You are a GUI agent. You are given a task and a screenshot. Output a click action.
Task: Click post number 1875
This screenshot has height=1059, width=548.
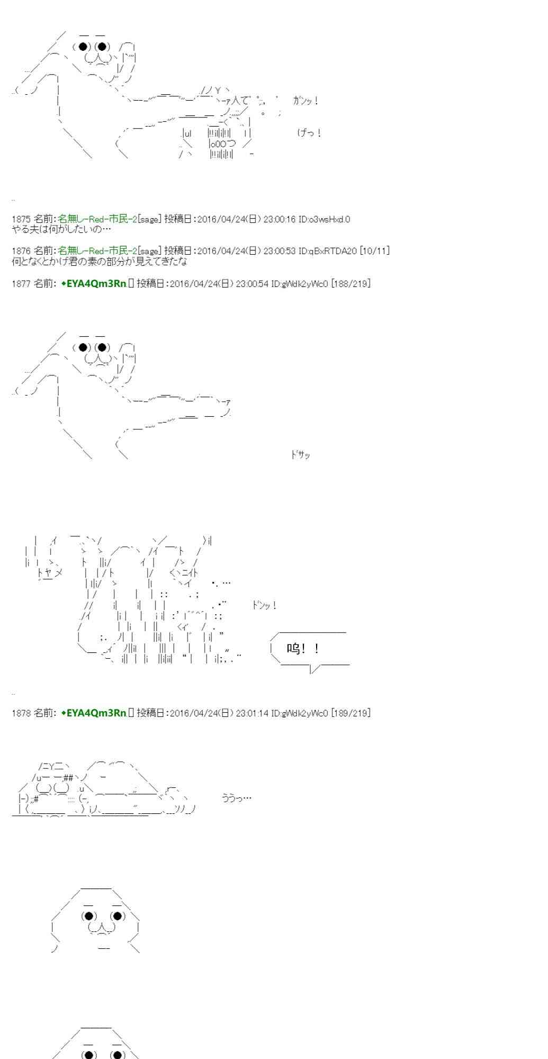21,219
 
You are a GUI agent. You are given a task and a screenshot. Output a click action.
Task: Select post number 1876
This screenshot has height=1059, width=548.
21,250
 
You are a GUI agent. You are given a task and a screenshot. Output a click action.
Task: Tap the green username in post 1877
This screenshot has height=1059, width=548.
94,284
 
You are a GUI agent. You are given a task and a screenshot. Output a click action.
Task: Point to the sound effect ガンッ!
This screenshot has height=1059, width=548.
306,101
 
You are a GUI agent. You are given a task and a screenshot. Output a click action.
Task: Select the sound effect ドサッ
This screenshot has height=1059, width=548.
300,455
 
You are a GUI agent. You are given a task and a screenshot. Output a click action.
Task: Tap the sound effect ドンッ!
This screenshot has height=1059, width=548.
264,605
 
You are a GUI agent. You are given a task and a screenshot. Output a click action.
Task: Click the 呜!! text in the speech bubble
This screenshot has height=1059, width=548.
303,649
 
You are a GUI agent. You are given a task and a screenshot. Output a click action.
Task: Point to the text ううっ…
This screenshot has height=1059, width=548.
237,798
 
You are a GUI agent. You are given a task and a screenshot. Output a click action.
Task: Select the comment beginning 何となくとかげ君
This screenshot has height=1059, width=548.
99,261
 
